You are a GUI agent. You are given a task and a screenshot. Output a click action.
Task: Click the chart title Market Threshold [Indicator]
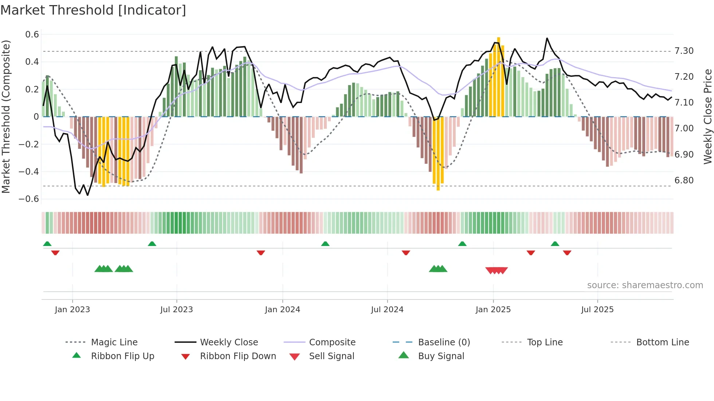click(x=93, y=10)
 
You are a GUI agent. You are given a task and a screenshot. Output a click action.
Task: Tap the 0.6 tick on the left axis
click(x=32, y=35)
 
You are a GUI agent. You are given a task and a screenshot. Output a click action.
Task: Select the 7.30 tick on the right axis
click(x=684, y=51)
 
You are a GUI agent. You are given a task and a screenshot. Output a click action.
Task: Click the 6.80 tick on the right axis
click(x=684, y=180)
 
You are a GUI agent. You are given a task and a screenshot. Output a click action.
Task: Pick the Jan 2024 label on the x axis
click(x=282, y=310)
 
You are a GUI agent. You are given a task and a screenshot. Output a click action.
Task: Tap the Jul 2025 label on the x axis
click(x=597, y=310)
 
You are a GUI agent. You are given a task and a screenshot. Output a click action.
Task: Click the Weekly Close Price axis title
click(x=707, y=116)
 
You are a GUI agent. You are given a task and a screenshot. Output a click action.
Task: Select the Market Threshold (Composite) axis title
click(x=6, y=116)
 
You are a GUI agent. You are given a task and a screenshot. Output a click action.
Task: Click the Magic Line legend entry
click(x=114, y=342)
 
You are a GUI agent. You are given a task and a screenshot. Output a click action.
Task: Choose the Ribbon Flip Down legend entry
click(x=238, y=356)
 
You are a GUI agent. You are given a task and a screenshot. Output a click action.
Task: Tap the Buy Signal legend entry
click(x=441, y=356)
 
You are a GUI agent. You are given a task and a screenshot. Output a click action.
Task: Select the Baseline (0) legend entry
click(x=444, y=342)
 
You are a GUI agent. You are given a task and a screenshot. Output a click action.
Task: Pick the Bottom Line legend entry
click(x=662, y=342)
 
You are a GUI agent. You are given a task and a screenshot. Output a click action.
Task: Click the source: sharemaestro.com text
click(x=645, y=285)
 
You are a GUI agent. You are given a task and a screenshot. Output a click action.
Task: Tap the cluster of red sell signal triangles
click(x=497, y=270)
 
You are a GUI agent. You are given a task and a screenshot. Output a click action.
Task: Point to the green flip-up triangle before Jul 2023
click(x=152, y=244)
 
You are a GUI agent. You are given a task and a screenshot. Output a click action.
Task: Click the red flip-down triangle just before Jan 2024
click(x=261, y=253)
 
